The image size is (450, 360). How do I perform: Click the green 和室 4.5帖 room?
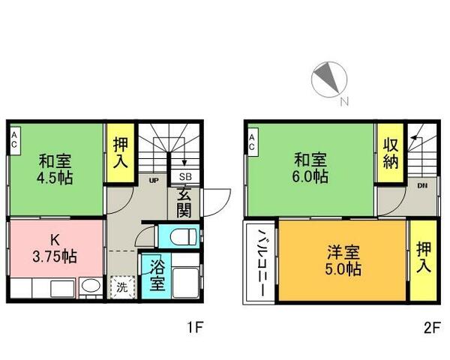coord(55,168)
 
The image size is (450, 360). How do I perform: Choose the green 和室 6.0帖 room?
coord(310,168)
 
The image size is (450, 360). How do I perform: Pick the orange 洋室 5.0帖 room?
coord(342,259)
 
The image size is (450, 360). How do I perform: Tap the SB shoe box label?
coord(184,176)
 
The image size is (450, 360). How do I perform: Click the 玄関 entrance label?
coord(184,202)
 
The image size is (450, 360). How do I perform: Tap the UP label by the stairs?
coord(153,181)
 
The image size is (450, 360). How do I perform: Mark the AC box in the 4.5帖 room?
coord(14,139)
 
